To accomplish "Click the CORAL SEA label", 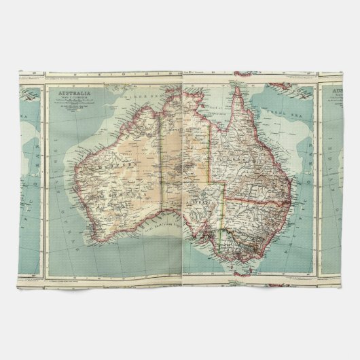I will [x=285, y=112].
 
